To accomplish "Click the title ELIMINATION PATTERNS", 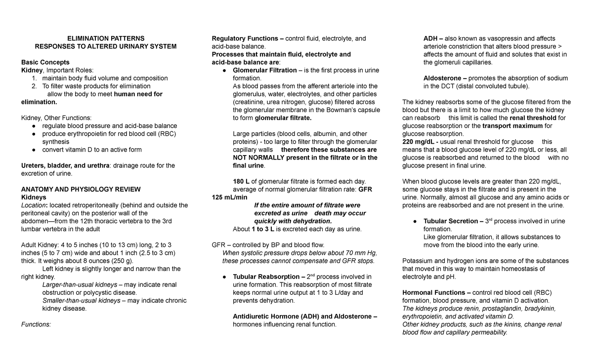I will [x=105, y=39].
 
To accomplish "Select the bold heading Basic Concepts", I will [x=45, y=62].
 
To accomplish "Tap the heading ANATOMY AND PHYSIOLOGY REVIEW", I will [x=81, y=189].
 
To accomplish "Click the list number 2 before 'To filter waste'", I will [x=34, y=86].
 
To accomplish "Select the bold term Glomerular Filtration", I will [x=265, y=71].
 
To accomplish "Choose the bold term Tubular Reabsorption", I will [x=267, y=277].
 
